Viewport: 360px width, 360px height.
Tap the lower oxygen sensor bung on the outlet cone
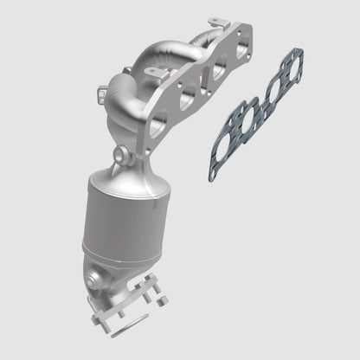(x=93, y=280)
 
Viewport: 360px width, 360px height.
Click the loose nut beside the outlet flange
(x=160, y=299)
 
